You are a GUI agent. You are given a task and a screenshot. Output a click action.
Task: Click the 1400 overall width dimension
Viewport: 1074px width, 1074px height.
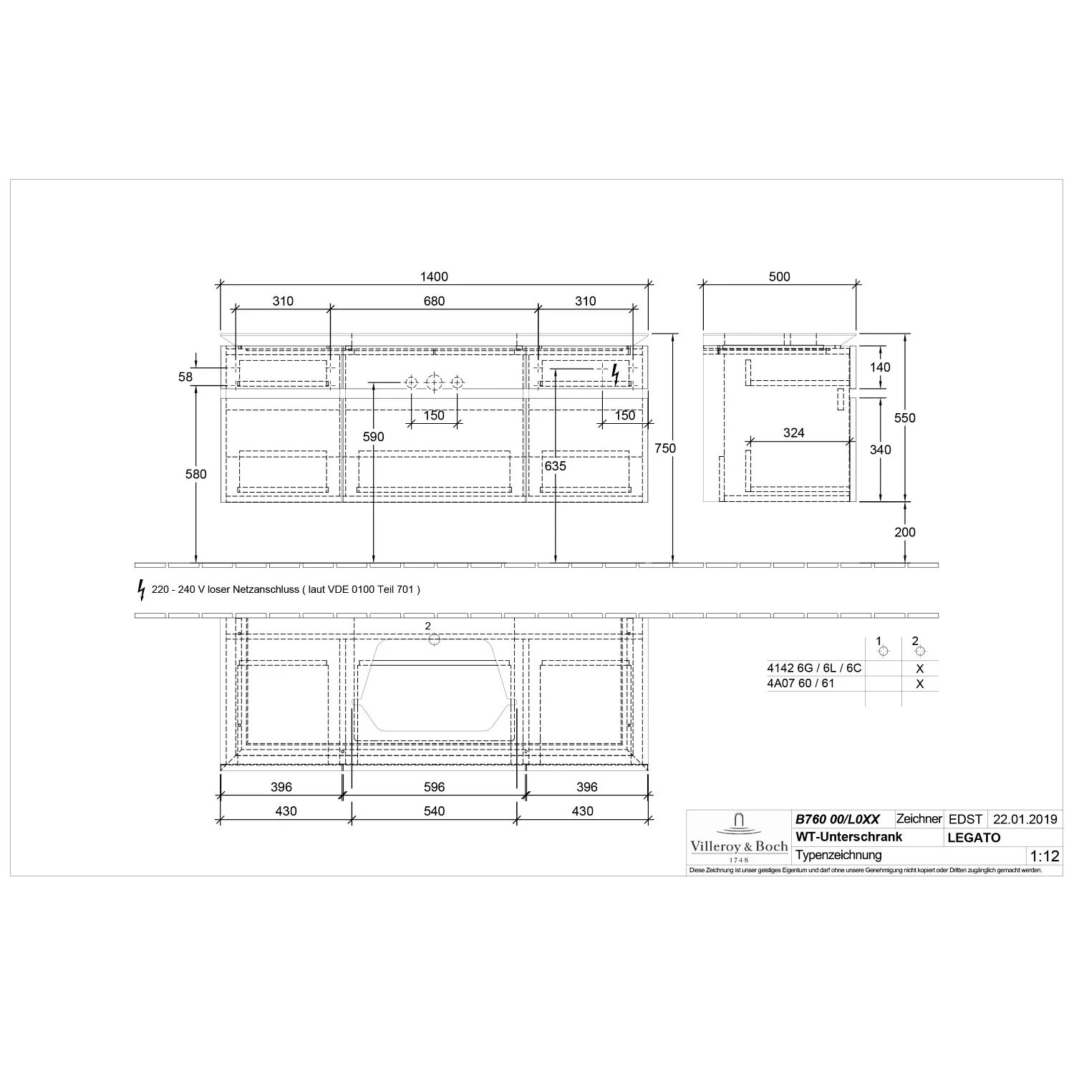pos(434,277)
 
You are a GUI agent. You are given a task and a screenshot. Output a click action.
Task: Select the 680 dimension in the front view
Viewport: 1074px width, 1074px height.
pos(434,301)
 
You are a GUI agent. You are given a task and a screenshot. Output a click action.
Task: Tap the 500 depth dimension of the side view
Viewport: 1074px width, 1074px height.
pos(779,277)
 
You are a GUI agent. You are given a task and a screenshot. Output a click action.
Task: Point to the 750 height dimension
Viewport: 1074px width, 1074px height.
pos(665,448)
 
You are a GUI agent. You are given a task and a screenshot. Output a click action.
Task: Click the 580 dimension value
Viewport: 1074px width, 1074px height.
pos(195,474)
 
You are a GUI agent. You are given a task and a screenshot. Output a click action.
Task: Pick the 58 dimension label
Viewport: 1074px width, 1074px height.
pos(185,377)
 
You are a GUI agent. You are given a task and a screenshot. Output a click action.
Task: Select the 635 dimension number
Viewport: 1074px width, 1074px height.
pos(555,466)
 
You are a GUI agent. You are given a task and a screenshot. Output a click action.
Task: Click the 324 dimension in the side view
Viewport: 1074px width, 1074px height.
pos(793,432)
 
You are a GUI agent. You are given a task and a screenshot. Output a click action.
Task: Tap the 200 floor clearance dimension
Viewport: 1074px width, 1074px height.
pos(905,532)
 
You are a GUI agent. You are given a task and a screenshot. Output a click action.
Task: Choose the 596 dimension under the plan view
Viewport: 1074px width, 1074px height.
pos(434,787)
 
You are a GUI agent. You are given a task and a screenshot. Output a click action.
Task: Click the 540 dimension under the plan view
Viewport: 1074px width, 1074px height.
pos(434,811)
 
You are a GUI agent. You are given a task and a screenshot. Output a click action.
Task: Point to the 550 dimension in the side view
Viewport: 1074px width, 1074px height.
pos(905,418)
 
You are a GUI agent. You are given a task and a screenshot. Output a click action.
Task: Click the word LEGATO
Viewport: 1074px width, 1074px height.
pos(974,838)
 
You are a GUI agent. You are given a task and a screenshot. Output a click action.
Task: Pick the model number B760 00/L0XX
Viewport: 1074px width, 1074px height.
pos(837,819)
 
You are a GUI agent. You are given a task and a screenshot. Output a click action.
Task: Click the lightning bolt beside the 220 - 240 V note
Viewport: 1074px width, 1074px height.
pos(141,589)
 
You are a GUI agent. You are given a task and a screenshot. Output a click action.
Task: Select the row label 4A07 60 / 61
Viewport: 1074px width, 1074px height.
pos(800,684)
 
